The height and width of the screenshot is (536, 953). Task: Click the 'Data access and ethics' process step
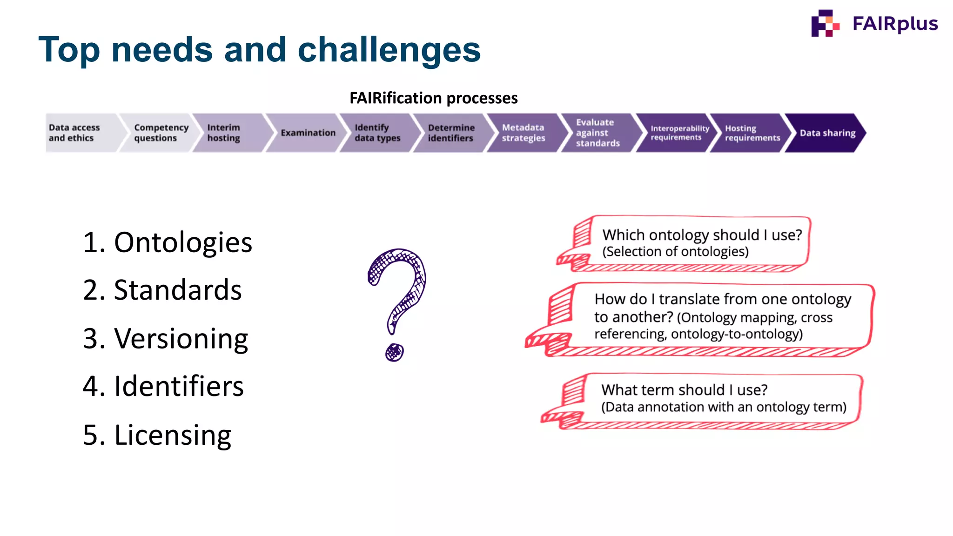pos(77,133)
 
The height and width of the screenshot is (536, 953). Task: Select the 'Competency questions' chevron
pos(158,133)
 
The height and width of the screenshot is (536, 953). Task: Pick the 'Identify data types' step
pos(377,133)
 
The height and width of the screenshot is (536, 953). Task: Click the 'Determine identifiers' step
pos(450,133)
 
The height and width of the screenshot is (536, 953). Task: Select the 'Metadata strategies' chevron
pos(523,133)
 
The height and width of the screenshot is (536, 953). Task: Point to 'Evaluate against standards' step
pos(597,133)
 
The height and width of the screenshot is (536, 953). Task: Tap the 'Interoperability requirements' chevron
pos(677,133)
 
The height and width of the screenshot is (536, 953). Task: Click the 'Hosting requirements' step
pos(750,133)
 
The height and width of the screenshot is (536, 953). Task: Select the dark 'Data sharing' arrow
pos(826,133)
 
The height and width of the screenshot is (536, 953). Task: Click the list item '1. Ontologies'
pos(168,242)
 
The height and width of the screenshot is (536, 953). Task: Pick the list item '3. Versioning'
pos(166,338)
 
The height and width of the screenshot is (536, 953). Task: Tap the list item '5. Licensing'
pos(157,435)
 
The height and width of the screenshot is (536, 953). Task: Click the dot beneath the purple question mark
pos(395,352)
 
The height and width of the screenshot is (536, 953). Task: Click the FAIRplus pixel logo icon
pos(825,23)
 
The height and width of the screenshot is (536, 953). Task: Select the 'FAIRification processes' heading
pos(433,98)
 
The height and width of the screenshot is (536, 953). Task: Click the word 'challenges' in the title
pos(389,50)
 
